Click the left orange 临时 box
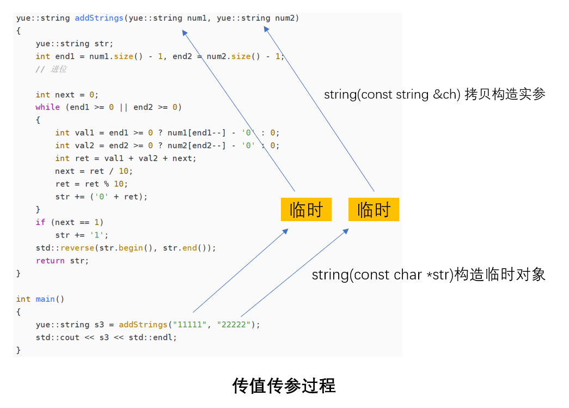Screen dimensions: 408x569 [x=306, y=210]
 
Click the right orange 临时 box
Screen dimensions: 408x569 [x=374, y=210]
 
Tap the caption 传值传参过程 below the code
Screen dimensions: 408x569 [x=284, y=386]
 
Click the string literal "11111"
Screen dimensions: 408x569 [x=190, y=325]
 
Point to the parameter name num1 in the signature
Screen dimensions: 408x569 [x=197, y=18]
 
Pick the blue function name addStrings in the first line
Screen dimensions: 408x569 [x=99, y=18]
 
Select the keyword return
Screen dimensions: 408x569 [x=50, y=261]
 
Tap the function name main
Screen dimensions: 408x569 [x=45, y=299]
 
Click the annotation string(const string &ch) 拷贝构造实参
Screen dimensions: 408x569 [x=435, y=94]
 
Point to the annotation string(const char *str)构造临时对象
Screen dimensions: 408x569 [x=429, y=275]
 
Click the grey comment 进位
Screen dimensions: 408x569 [x=58, y=69]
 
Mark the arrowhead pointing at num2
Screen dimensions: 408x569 [x=266, y=30]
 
